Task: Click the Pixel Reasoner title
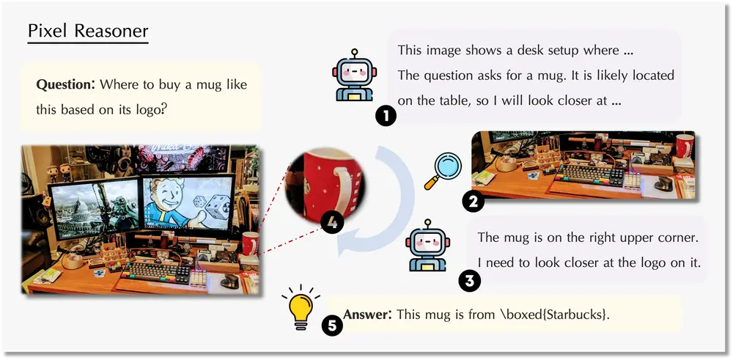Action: coord(88,31)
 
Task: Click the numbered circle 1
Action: coord(386,117)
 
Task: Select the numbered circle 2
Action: coord(473,202)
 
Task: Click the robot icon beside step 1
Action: coord(354,76)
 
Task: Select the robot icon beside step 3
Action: coord(427,245)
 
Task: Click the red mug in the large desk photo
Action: coord(250,243)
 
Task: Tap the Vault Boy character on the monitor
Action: coord(172,206)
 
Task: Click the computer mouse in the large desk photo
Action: coord(229,280)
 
